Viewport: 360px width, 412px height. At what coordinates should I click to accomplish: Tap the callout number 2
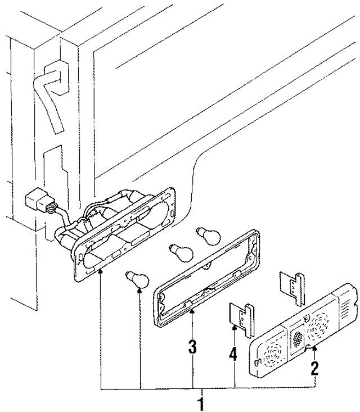tap(314, 369)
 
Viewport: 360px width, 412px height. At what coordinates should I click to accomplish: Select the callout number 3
tap(192, 346)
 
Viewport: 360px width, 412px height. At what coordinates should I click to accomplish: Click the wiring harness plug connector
tap(38, 201)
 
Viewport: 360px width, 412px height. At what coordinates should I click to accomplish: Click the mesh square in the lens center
tap(296, 338)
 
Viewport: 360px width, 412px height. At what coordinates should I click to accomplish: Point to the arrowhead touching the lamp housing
tap(100, 272)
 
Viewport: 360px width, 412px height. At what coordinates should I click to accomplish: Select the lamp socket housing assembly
tap(124, 230)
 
